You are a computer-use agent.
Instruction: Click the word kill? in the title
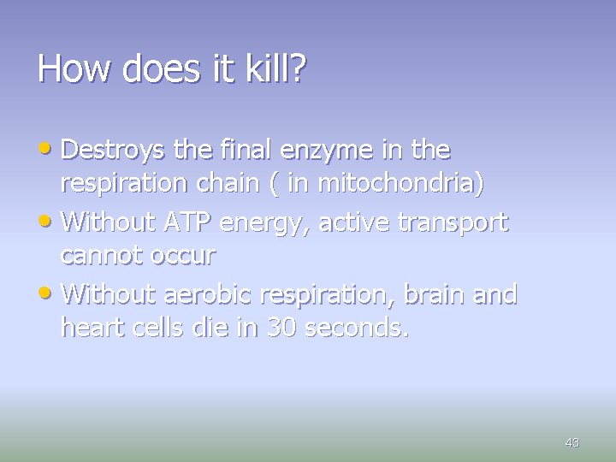[272, 68]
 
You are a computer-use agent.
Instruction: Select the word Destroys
[115, 151]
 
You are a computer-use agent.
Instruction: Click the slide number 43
[572, 442]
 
